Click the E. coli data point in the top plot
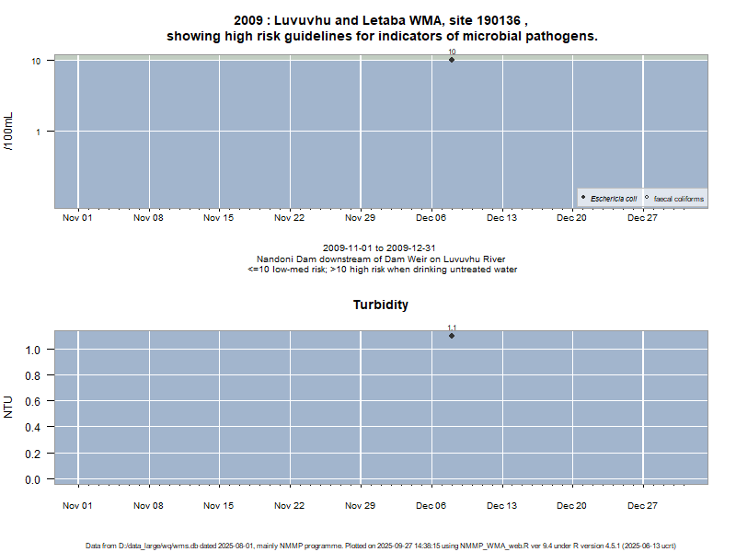click(x=452, y=60)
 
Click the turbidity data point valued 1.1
click(x=452, y=336)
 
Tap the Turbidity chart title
click(x=381, y=305)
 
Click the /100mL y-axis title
click(x=10, y=132)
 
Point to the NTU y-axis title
click(x=10, y=406)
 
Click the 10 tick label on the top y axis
click(x=36, y=61)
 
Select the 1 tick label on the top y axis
click(x=39, y=132)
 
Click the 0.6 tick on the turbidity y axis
click(x=33, y=401)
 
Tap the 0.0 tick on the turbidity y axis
click(x=33, y=479)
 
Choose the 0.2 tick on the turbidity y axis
click(x=33, y=454)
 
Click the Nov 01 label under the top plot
click(x=77, y=218)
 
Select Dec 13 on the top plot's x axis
click(x=501, y=218)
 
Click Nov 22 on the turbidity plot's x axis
click(x=290, y=505)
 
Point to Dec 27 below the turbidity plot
click(x=642, y=505)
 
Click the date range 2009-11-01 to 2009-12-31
click(x=381, y=248)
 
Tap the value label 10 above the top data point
click(x=452, y=52)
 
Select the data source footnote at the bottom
click(x=381, y=546)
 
